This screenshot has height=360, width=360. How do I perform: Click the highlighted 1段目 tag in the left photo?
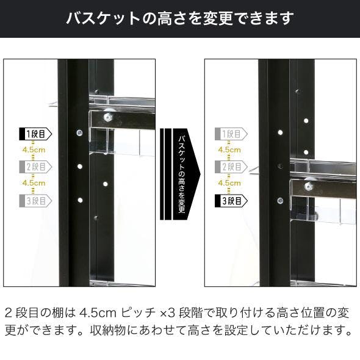coord(35,134)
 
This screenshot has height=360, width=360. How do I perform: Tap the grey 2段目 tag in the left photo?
coord(35,167)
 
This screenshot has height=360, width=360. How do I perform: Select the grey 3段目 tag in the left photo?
coord(35,201)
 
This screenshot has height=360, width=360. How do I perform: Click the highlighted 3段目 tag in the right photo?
coord(231,201)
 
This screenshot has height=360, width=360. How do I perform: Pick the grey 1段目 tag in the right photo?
coord(231,134)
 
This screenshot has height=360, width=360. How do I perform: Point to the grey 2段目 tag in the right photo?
coord(231,167)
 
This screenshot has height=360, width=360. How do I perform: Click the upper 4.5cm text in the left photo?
coord(34,150)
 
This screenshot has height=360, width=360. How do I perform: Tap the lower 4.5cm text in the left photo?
coord(34,183)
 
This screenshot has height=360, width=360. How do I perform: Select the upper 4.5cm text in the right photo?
coord(229,150)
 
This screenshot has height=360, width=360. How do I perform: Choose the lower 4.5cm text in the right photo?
coord(229,183)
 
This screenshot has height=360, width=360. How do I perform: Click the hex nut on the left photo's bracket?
coord(107,118)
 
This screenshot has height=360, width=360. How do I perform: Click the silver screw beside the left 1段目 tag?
coord(80,132)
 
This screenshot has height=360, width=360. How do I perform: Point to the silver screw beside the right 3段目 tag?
coord(280,201)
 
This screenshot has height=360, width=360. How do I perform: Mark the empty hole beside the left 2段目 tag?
coord(80,166)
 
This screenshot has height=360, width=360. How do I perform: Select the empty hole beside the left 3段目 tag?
coord(80,200)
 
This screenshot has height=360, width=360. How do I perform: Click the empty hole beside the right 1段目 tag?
coord(280,132)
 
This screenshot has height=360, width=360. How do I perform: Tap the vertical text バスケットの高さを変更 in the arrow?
coord(182,174)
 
